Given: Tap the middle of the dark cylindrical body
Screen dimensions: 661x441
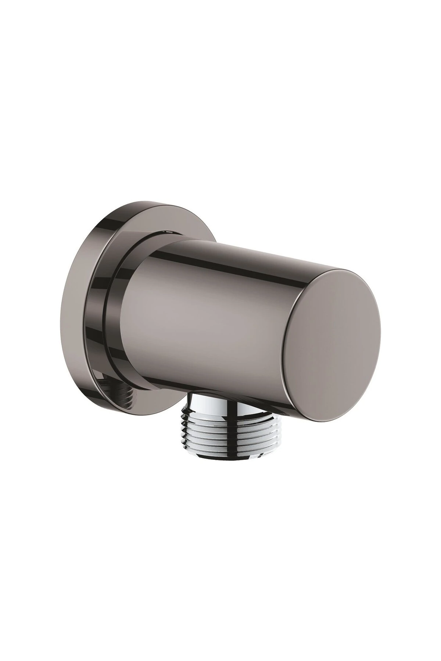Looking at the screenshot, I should [x=206, y=316].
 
